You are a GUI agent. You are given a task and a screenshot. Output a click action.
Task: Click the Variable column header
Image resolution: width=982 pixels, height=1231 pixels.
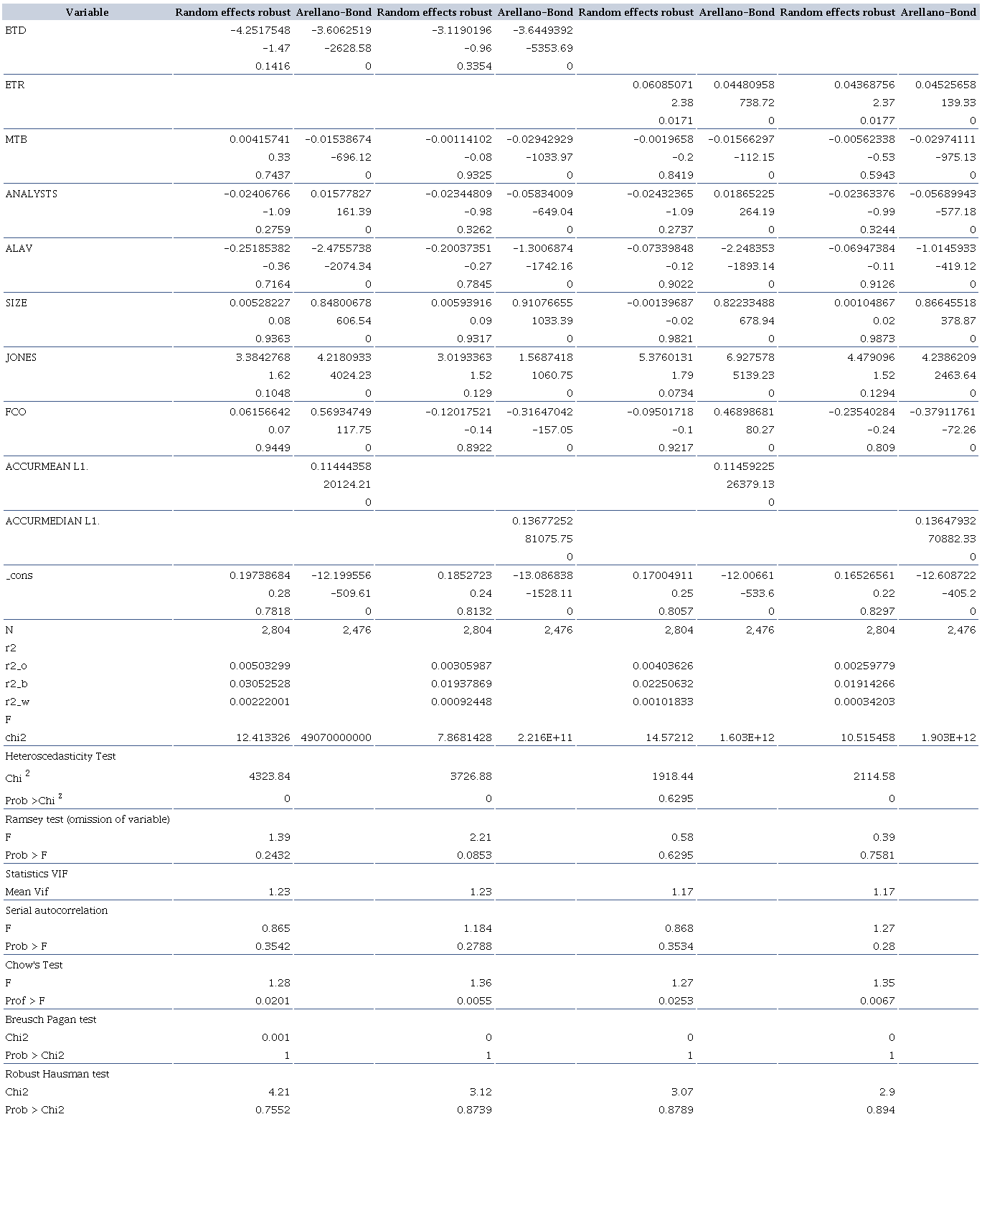tap(87, 12)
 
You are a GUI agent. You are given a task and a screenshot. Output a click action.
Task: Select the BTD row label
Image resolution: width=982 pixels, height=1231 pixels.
tap(15, 30)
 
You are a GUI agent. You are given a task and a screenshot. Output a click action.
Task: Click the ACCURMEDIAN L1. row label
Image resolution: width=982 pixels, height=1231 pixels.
tap(52, 521)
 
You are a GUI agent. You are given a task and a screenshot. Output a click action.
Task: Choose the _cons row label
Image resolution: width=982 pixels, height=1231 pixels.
tap(19, 575)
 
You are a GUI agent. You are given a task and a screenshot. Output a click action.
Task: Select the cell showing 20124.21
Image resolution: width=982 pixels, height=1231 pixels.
tap(347, 484)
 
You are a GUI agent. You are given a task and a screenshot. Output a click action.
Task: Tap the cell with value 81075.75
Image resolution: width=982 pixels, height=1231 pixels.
tap(549, 539)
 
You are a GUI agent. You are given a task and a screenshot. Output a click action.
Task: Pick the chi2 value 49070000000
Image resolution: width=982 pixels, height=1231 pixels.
tap(336, 737)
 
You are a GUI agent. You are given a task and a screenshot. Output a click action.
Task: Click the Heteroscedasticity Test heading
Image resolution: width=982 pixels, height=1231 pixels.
tap(60, 756)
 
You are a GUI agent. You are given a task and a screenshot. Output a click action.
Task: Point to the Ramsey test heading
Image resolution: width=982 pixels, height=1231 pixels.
tap(88, 819)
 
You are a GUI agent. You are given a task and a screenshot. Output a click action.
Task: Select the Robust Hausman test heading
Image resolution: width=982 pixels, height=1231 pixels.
tap(57, 1074)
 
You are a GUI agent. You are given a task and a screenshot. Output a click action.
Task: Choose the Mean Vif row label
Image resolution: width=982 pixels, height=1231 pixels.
tap(27, 892)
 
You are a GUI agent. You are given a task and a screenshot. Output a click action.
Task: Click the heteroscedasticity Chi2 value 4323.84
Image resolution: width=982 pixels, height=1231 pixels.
tap(271, 776)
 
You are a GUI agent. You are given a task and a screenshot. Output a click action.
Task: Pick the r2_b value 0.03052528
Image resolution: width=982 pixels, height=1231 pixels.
tap(260, 684)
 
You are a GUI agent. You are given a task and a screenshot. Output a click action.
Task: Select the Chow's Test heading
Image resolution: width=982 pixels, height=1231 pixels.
tap(34, 965)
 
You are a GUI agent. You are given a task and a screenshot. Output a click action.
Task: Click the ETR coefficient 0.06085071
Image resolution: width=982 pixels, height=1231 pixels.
tap(663, 85)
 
